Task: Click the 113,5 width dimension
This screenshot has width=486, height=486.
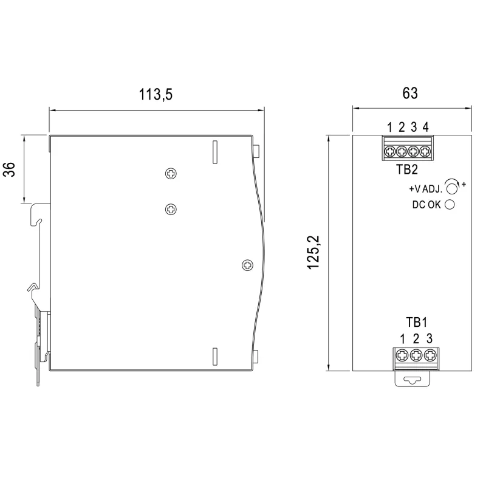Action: click(156, 95)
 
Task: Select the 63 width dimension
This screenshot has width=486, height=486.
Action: click(410, 94)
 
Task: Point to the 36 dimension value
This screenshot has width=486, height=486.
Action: click(9, 169)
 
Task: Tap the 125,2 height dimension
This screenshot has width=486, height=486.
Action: click(313, 253)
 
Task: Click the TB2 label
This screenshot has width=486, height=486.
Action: click(407, 169)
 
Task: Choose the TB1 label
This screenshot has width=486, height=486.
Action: click(417, 323)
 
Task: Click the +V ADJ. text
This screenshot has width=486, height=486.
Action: click(425, 189)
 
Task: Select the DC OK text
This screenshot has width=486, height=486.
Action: click(426, 205)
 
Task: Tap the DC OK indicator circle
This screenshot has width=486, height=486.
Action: click(450, 205)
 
